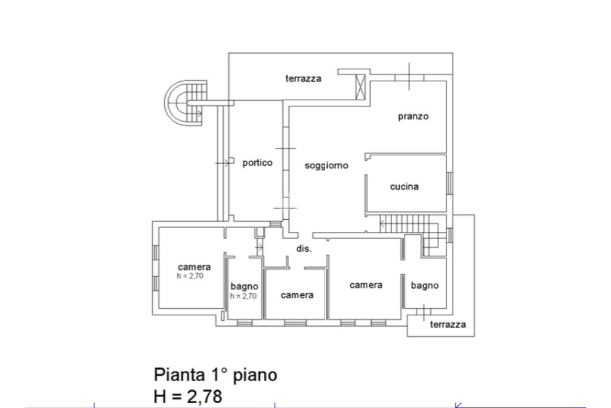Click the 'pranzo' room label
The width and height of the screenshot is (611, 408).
(x=413, y=116)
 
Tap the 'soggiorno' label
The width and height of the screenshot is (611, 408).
(x=326, y=165)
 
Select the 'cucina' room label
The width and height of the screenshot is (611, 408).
(x=404, y=186)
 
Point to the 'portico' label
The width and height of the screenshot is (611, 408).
(x=257, y=162)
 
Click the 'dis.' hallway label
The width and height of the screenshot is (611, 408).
(x=304, y=249)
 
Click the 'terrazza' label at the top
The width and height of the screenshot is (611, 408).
(x=303, y=78)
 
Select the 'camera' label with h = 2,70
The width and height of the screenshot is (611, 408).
(x=194, y=267)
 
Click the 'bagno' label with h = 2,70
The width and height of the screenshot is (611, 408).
(x=244, y=287)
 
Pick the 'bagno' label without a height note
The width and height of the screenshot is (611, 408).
(x=424, y=286)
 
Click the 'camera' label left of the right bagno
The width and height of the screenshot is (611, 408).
(x=366, y=285)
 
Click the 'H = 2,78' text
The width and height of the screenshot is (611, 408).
(x=188, y=395)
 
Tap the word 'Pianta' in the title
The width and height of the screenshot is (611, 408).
(x=179, y=375)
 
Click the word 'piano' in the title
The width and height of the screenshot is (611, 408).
(x=255, y=376)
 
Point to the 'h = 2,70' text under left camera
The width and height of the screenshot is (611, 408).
(x=190, y=276)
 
